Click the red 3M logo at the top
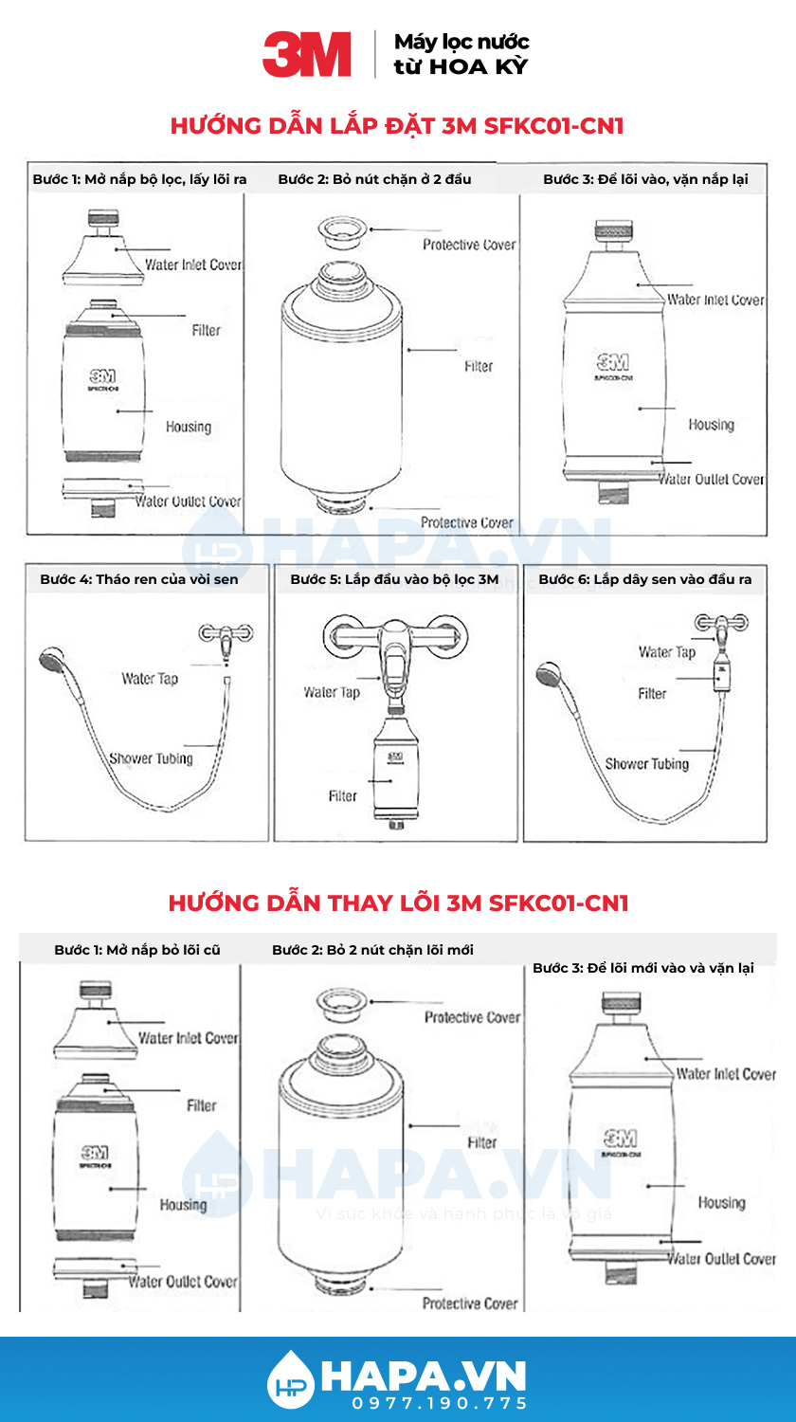pos(307,54)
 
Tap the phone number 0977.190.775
pos(440,1402)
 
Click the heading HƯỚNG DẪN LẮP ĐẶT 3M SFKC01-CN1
pos(397,126)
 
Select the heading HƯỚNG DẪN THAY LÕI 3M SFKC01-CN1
pos(398,902)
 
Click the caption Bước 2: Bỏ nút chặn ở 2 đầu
pos(374,179)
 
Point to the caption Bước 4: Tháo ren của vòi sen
pos(139,578)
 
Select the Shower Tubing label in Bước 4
pos(151,757)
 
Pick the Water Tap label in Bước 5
pos(332,692)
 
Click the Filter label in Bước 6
pos(652,694)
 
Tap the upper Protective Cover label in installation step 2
pos(469,245)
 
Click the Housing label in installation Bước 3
pos(711,425)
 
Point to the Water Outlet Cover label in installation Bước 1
pos(189,501)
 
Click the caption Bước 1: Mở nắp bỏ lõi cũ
pos(137,950)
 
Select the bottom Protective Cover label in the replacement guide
pos(470,1303)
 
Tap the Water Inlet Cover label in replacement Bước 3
pos(725,1074)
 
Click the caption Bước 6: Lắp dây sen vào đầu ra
pos(644,578)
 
